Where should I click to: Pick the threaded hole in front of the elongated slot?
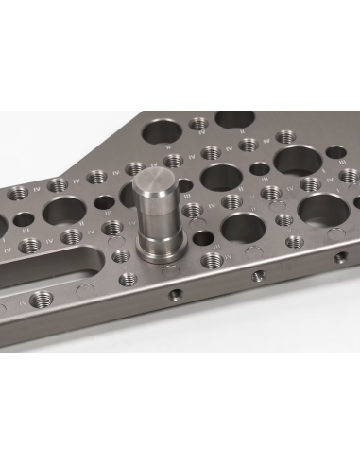point(40,301)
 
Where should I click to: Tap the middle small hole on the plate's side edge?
point(256,277)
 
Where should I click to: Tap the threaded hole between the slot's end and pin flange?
point(120,254)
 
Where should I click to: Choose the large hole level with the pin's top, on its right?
point(221,176)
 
